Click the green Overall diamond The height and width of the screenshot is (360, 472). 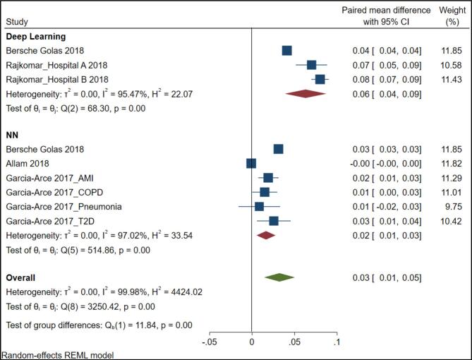tap(279, 277)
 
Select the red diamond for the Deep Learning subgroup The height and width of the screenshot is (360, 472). tap(305, 93)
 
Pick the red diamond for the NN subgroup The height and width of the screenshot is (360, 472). tap(266, 235)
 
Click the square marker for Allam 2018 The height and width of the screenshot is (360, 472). tap(251, 163)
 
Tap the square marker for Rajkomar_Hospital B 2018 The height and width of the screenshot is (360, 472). tap(320, 79)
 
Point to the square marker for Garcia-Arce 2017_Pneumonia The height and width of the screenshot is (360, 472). tap(259, 206)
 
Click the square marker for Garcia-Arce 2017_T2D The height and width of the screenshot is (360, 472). tap(274, 221)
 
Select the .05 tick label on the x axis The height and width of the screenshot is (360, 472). tap(294, 342)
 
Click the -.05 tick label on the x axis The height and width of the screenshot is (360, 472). tap(208, 342)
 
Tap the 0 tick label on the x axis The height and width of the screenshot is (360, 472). tap(252, 342)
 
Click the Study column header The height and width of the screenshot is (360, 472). tap(16, 22)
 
